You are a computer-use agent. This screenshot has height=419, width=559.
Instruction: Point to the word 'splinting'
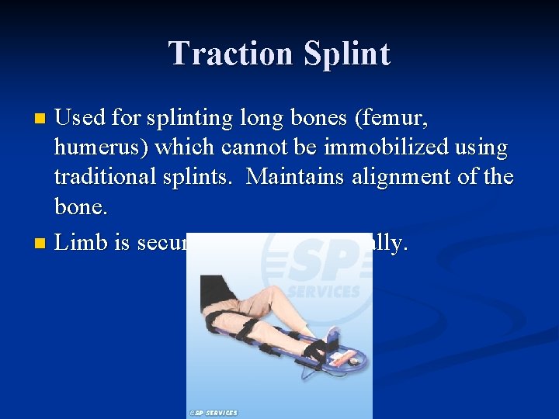point(186,118)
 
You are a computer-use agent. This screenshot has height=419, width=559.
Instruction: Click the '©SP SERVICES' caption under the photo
point(213,413)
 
